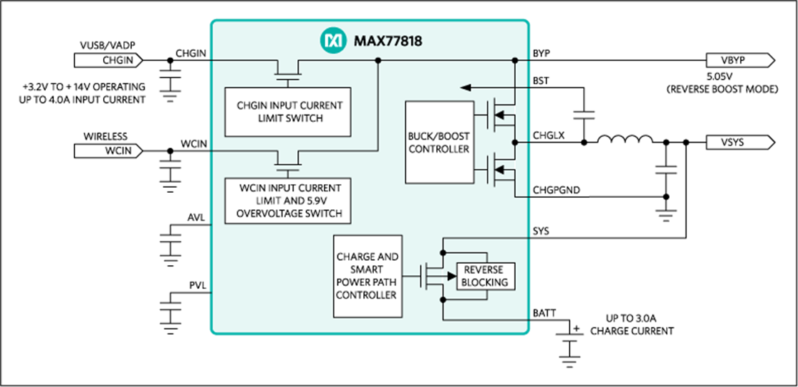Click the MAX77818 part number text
coord(388,41)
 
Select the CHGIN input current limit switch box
coord(288,112)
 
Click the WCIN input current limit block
coord(288,201)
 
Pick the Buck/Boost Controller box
coord(439,142)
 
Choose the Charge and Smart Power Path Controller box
coord(367,276)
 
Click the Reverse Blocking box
coord(485,277)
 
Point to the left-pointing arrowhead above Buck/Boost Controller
coord(466,87)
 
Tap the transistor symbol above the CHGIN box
coord(288,72)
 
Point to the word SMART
coord(367,269)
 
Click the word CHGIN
coord(251,105)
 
